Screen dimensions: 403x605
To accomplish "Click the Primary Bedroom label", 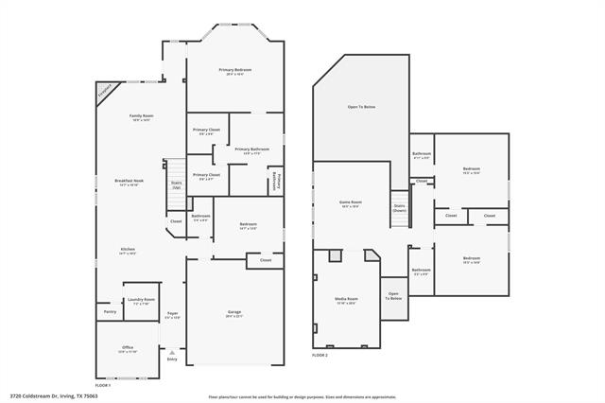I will [235, 71].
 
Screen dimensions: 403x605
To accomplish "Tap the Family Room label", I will [141, 117].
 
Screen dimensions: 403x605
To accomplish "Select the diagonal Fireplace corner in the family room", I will [104, 90].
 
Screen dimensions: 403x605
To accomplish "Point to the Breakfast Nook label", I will [129, 183].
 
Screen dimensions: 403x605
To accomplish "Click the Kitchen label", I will [128, 251].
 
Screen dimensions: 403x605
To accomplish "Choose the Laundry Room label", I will [144, 301].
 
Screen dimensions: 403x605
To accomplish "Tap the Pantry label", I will [110, 310].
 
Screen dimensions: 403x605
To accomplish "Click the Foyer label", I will [173, 314].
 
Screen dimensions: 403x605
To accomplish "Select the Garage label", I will [234, 313].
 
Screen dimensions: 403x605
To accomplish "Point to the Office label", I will [128, 349].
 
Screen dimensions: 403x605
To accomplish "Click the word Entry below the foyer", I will [172, 359].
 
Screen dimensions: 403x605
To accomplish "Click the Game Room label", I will [351, 202].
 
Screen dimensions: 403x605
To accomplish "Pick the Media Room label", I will [347, 300].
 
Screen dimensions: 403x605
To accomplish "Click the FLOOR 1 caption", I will [103, 385].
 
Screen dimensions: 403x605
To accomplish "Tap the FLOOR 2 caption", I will [320, 355].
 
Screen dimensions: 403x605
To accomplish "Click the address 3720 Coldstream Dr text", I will [54, 396].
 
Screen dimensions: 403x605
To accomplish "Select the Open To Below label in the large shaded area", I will [361, 108].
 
